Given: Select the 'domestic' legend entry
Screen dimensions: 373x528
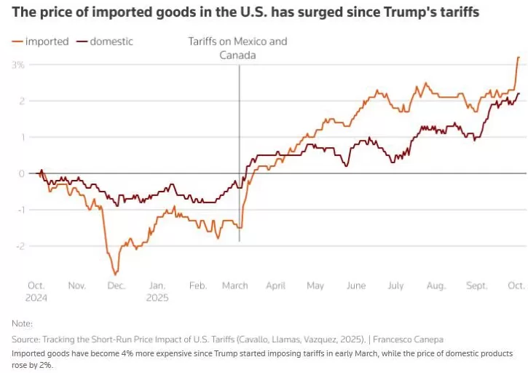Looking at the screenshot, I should point(111,42).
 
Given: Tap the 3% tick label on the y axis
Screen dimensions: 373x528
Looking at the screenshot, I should point(18,65).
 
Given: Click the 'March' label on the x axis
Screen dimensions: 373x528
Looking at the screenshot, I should point(235,286).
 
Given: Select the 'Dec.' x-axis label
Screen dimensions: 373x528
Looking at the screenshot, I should point(117,286).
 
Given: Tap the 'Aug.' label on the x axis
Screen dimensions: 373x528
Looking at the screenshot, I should point(436,286).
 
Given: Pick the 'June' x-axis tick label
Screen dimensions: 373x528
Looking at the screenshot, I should point(356,286).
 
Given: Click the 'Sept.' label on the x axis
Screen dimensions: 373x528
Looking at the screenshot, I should point(476,286).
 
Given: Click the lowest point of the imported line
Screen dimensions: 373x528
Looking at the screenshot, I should point(115,275).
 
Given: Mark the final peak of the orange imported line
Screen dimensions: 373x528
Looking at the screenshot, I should point(519,57).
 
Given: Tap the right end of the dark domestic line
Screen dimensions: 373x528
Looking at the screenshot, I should point(519,93).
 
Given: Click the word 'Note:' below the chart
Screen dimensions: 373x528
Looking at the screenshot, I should point(23,323).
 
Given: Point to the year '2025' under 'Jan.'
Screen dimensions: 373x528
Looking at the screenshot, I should point(157,298).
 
